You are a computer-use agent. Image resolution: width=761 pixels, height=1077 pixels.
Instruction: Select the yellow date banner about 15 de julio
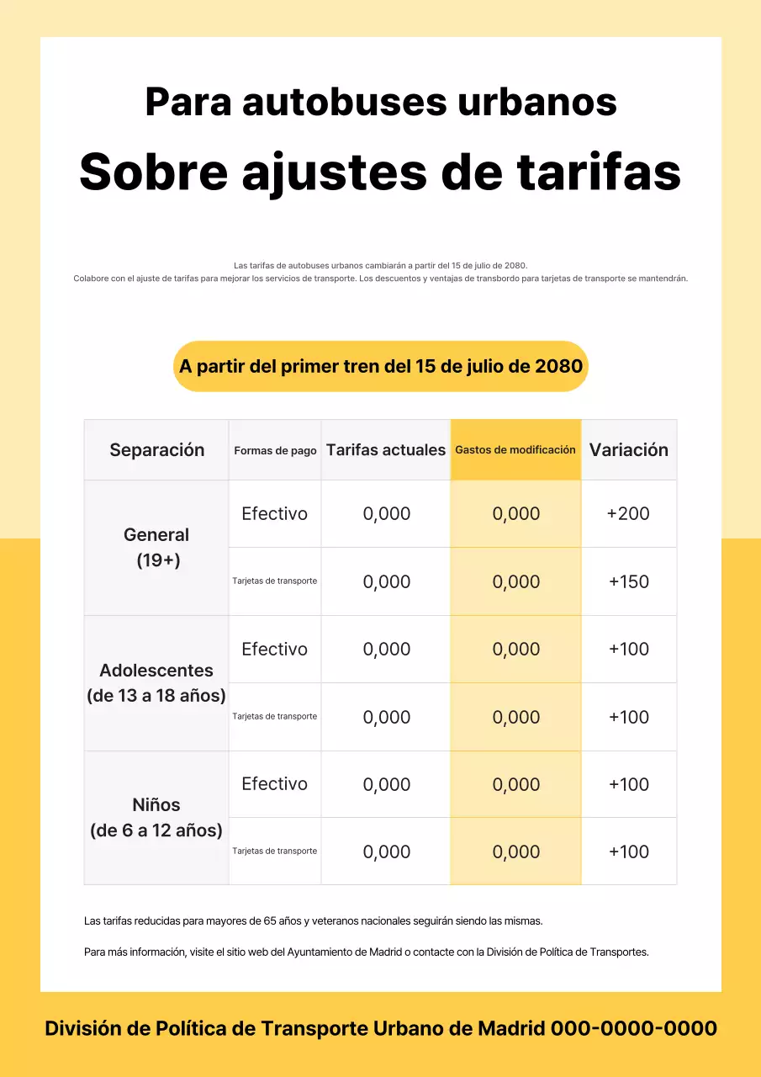(381, 367)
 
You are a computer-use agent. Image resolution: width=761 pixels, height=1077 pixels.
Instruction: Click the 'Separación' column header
(156, 450)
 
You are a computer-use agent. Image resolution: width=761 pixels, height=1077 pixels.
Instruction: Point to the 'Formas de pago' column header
(275, 451)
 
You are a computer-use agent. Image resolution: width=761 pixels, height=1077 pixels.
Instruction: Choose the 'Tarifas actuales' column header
(386, 450)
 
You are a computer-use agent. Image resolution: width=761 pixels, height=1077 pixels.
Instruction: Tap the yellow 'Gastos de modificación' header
(515, 450)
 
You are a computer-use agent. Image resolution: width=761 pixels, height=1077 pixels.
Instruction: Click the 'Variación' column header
(629, 450)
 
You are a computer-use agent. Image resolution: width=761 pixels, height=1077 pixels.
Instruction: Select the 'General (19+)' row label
(156, 547)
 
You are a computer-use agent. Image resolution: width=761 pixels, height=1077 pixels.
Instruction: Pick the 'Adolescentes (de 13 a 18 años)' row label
(156, 682)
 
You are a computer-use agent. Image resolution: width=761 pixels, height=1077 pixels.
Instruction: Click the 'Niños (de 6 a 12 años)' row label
(156, 817)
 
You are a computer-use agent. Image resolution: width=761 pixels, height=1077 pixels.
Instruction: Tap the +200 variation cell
(628, 514)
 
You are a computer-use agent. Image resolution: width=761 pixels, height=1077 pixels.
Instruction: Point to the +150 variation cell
(628, 581)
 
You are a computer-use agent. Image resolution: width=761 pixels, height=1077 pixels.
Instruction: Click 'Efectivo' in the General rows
(275, 514)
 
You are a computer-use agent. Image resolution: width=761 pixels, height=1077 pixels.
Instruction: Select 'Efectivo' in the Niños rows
(275, 784)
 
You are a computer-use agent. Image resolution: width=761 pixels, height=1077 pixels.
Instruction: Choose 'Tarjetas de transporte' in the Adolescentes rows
(275, 717)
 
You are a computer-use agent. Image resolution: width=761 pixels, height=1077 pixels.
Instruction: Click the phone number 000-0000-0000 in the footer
(633, 1028)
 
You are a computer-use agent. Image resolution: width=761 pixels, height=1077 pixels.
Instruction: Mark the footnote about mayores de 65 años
(319, 921)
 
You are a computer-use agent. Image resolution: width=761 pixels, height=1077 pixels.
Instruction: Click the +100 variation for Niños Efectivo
(628, 784)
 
